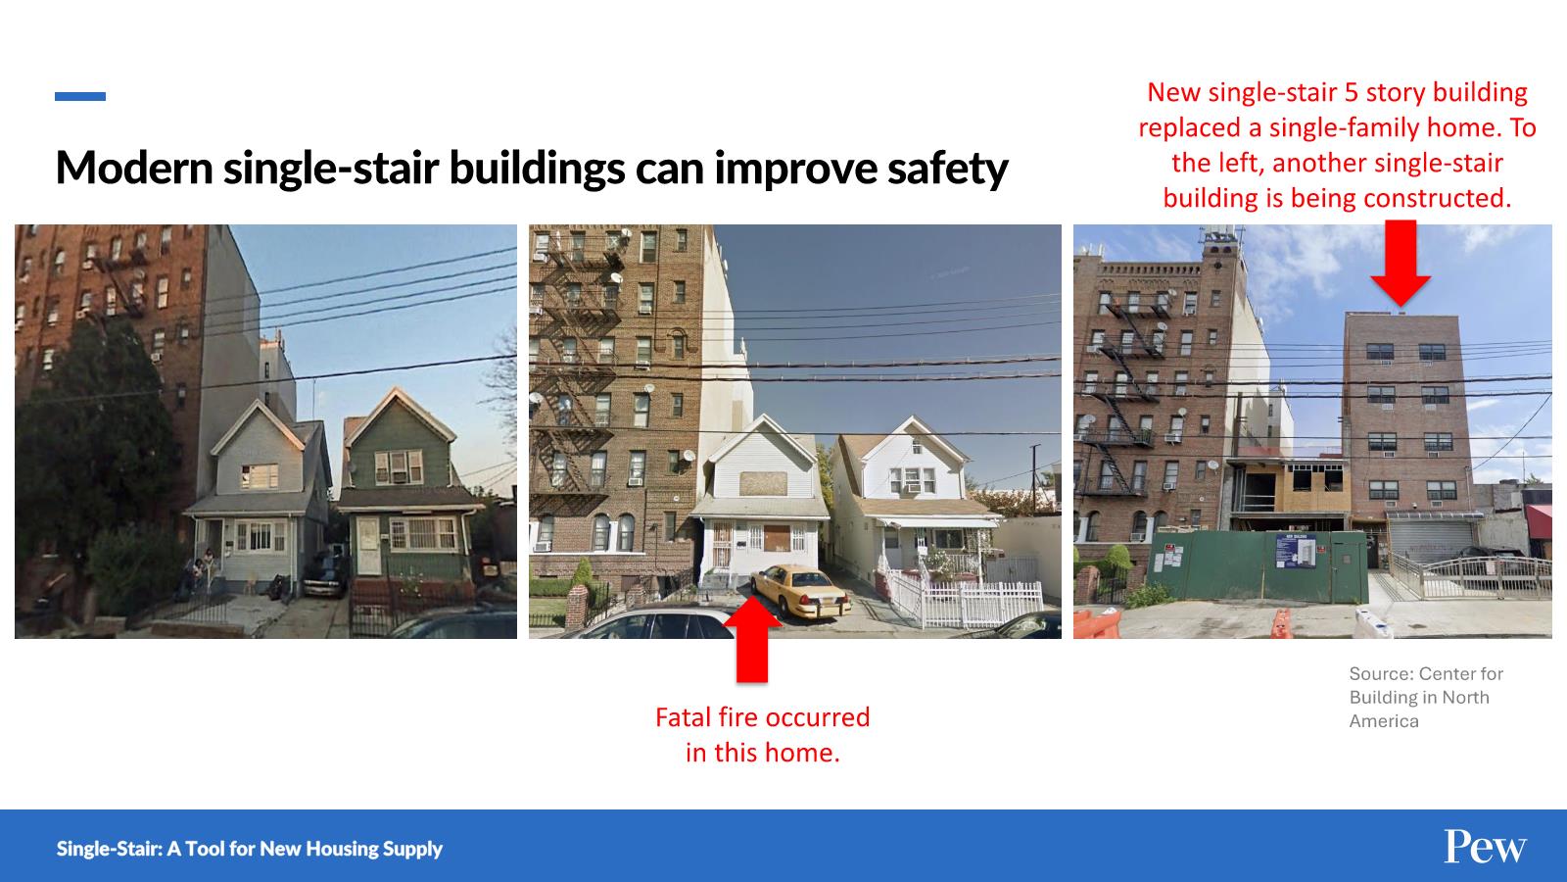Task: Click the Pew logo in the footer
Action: (x=1485, y=847)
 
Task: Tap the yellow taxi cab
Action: (x=800, y=592)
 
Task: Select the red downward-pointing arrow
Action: (x=1401, y=264)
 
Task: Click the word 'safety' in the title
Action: (x=948, y=169)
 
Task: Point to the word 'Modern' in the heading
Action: (x=134, y=168)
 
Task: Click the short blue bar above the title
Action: (x=80, y=97)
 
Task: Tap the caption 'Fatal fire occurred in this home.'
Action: (x=763, y=735)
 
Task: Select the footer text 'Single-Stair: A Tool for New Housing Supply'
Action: (x=250, y=849)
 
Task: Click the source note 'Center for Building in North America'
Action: (x=1426, y=697)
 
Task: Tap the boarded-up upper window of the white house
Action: (x=763, y=484)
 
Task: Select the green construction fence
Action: (x=1259, y=566)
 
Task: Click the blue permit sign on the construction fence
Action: (x=1296, y=550)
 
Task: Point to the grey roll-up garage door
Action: (x=1431, y=540)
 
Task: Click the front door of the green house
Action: (x=368, y=546)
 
